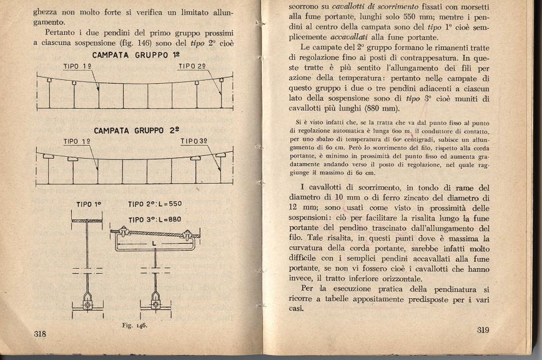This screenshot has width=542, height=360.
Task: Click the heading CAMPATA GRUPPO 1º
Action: (x=133, y=55)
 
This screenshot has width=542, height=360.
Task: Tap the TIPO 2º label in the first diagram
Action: (x=192, y=66)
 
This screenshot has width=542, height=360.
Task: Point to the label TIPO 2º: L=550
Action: (x=154, y=204)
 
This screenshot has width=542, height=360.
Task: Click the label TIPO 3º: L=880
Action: (x=154, y=219)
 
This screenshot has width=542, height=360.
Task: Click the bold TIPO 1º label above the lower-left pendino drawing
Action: (x=89, y=204)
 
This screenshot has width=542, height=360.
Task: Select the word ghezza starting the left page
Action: (x=48, y=11)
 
